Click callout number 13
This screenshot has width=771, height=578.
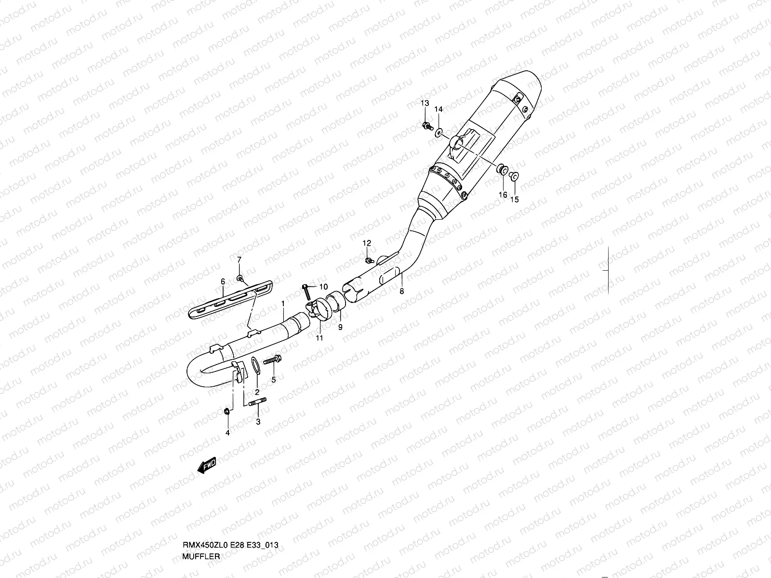point(425,104)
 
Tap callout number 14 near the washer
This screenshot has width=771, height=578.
point(439,109)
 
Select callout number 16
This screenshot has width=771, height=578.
point(503,195)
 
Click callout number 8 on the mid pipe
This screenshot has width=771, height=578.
point(402,291)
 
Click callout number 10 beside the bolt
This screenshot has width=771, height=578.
point(323,286)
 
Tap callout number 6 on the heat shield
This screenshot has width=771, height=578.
point(223,281)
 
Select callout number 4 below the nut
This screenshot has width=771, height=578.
point(228,433)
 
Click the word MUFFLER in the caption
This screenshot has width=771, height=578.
point(201,556)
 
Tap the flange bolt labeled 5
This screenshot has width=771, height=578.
point(272,360)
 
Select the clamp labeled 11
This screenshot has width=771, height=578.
point(317,310)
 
